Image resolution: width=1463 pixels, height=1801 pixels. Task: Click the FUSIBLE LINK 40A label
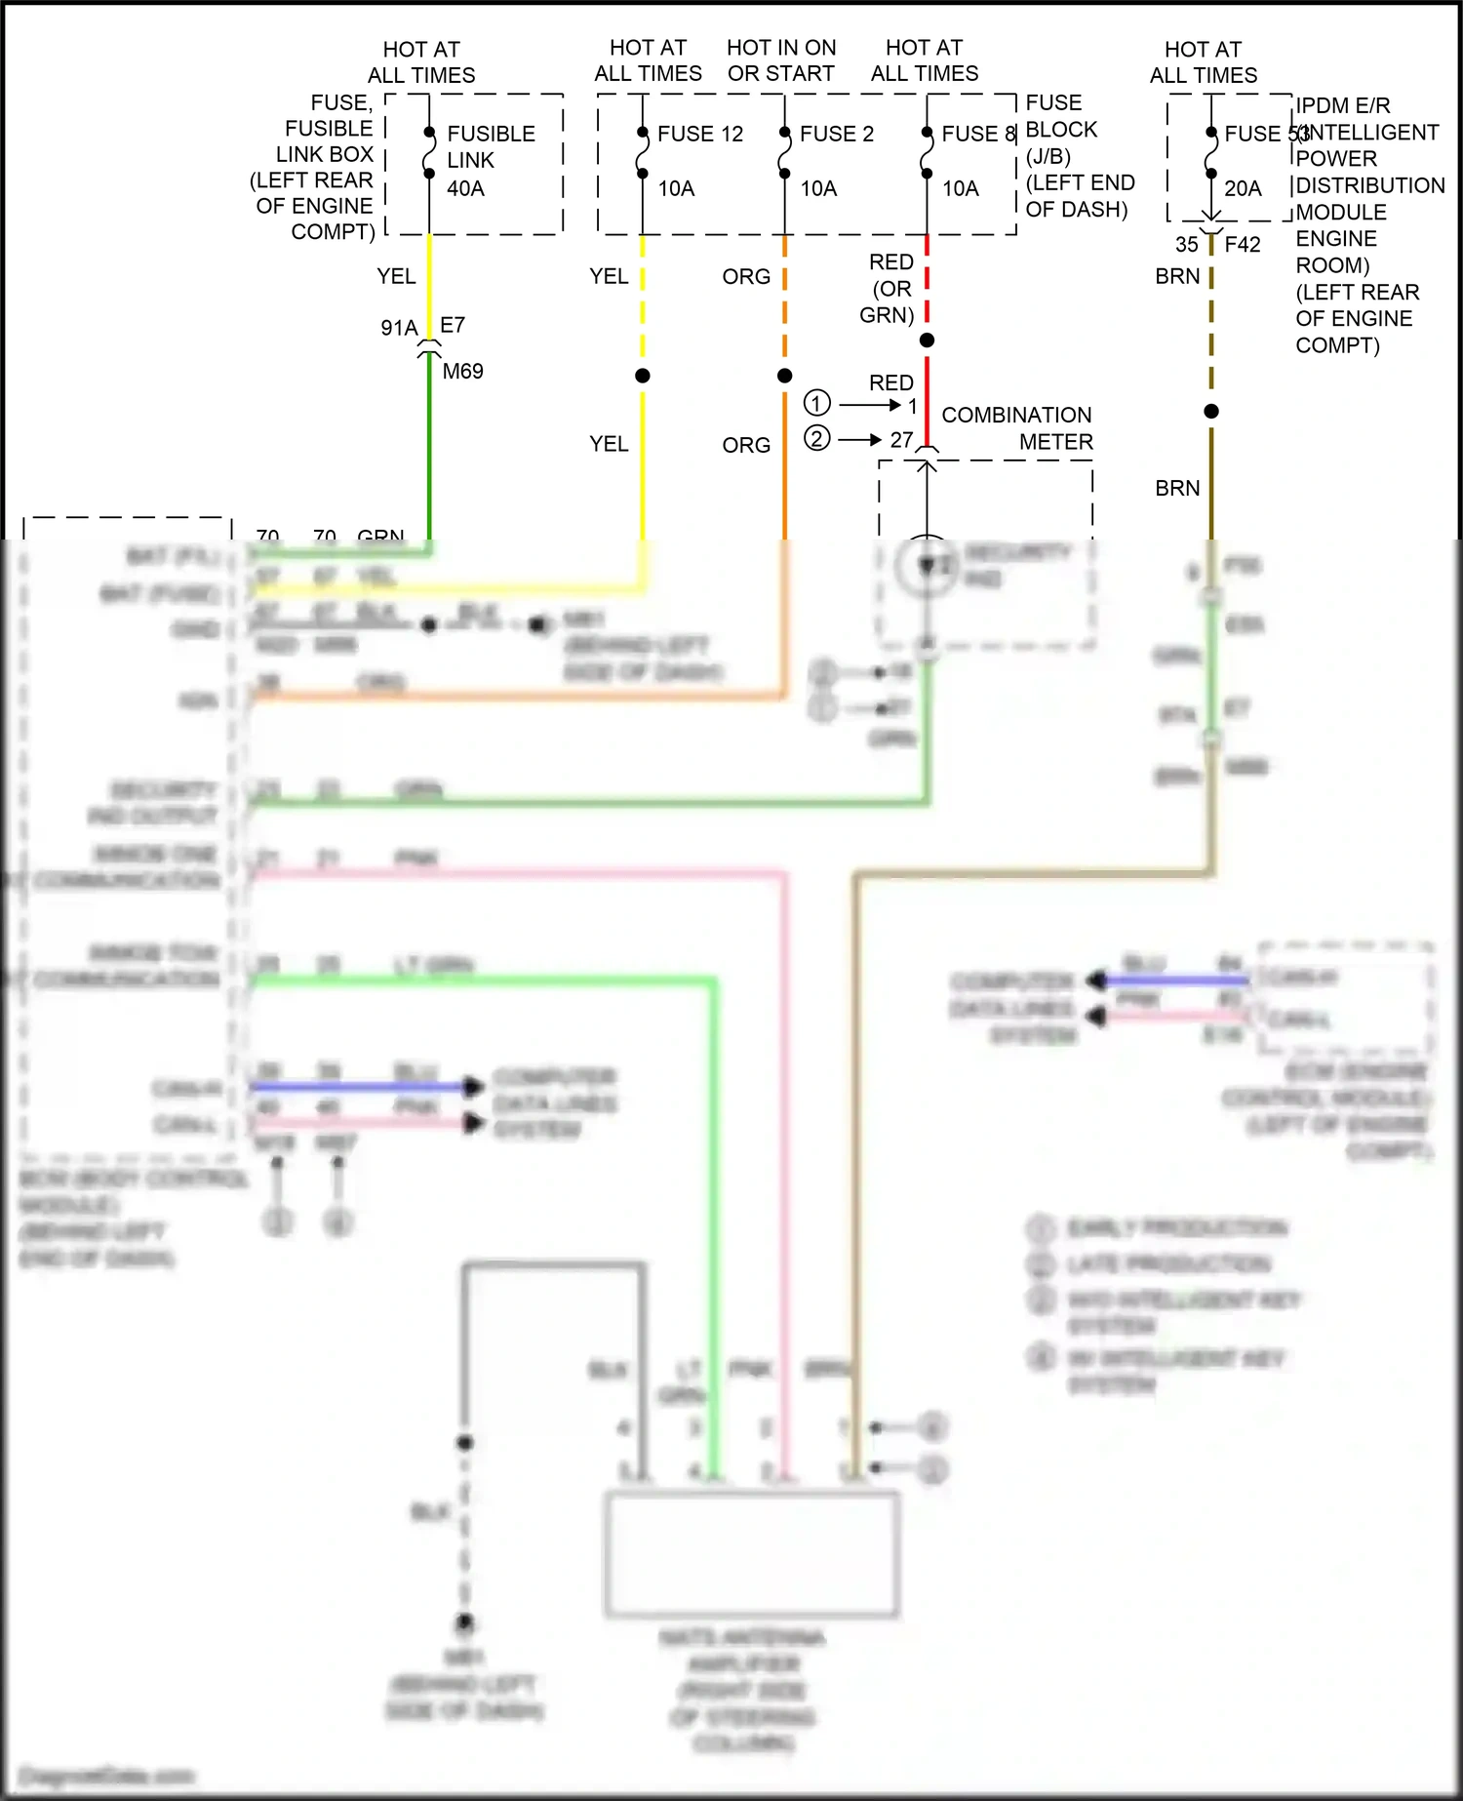click(490, 161)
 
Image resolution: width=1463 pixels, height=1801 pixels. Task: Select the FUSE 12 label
click(699, 135)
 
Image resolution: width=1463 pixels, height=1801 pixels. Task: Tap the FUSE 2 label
click(836, 135)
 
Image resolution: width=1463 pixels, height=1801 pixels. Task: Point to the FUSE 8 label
click(977, 135)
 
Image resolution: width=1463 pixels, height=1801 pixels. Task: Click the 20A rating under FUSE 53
click(1242, 188)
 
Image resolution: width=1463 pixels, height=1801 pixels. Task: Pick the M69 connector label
click(462, 372)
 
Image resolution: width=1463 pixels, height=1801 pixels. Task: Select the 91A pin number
click(398, 328)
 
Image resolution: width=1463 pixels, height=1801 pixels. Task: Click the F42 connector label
click(1242, 245)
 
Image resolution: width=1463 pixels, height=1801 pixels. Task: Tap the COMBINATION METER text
click(1016, 428)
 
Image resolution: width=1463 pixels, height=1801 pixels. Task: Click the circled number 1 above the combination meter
click(816, 403)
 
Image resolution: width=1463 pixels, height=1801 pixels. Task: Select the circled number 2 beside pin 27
click(816, 439)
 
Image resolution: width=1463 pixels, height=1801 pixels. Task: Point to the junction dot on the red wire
click(927, 340)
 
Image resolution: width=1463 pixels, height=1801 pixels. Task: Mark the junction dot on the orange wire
click(784, 376)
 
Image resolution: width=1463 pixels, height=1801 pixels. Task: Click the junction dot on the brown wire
click(1210, 412)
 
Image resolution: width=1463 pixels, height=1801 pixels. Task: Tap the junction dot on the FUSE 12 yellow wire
click(642, 376)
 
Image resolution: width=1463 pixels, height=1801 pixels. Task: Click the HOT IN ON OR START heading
click(780, 60)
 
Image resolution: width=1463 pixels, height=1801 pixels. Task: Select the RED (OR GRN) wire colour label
click(890, 289)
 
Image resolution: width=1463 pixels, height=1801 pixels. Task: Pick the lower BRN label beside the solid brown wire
click(1176, 489)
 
